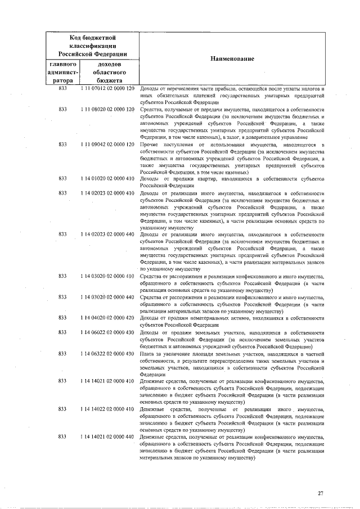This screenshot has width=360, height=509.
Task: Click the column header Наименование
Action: point(232,59)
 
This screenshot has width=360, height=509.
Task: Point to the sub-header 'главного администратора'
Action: point(62,73)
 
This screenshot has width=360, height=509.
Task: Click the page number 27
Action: point(320,493)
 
